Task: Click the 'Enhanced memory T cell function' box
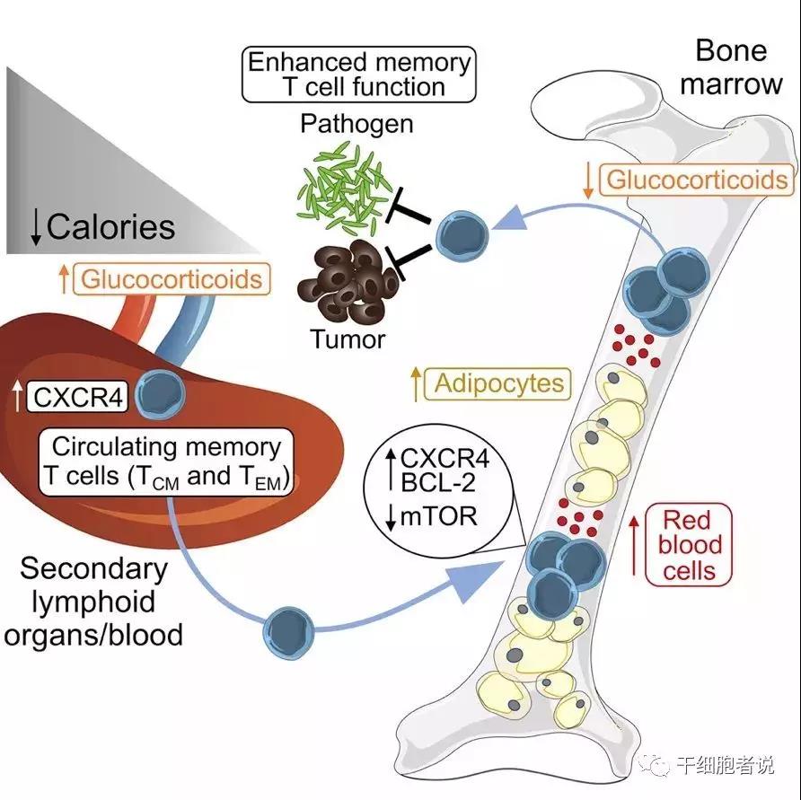358,75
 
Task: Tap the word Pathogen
356,123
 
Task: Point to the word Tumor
348,339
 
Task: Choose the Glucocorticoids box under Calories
174,278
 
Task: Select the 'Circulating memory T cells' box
166,462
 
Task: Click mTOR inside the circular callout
440,516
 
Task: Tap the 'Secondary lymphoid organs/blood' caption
94,602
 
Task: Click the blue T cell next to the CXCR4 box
160,392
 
